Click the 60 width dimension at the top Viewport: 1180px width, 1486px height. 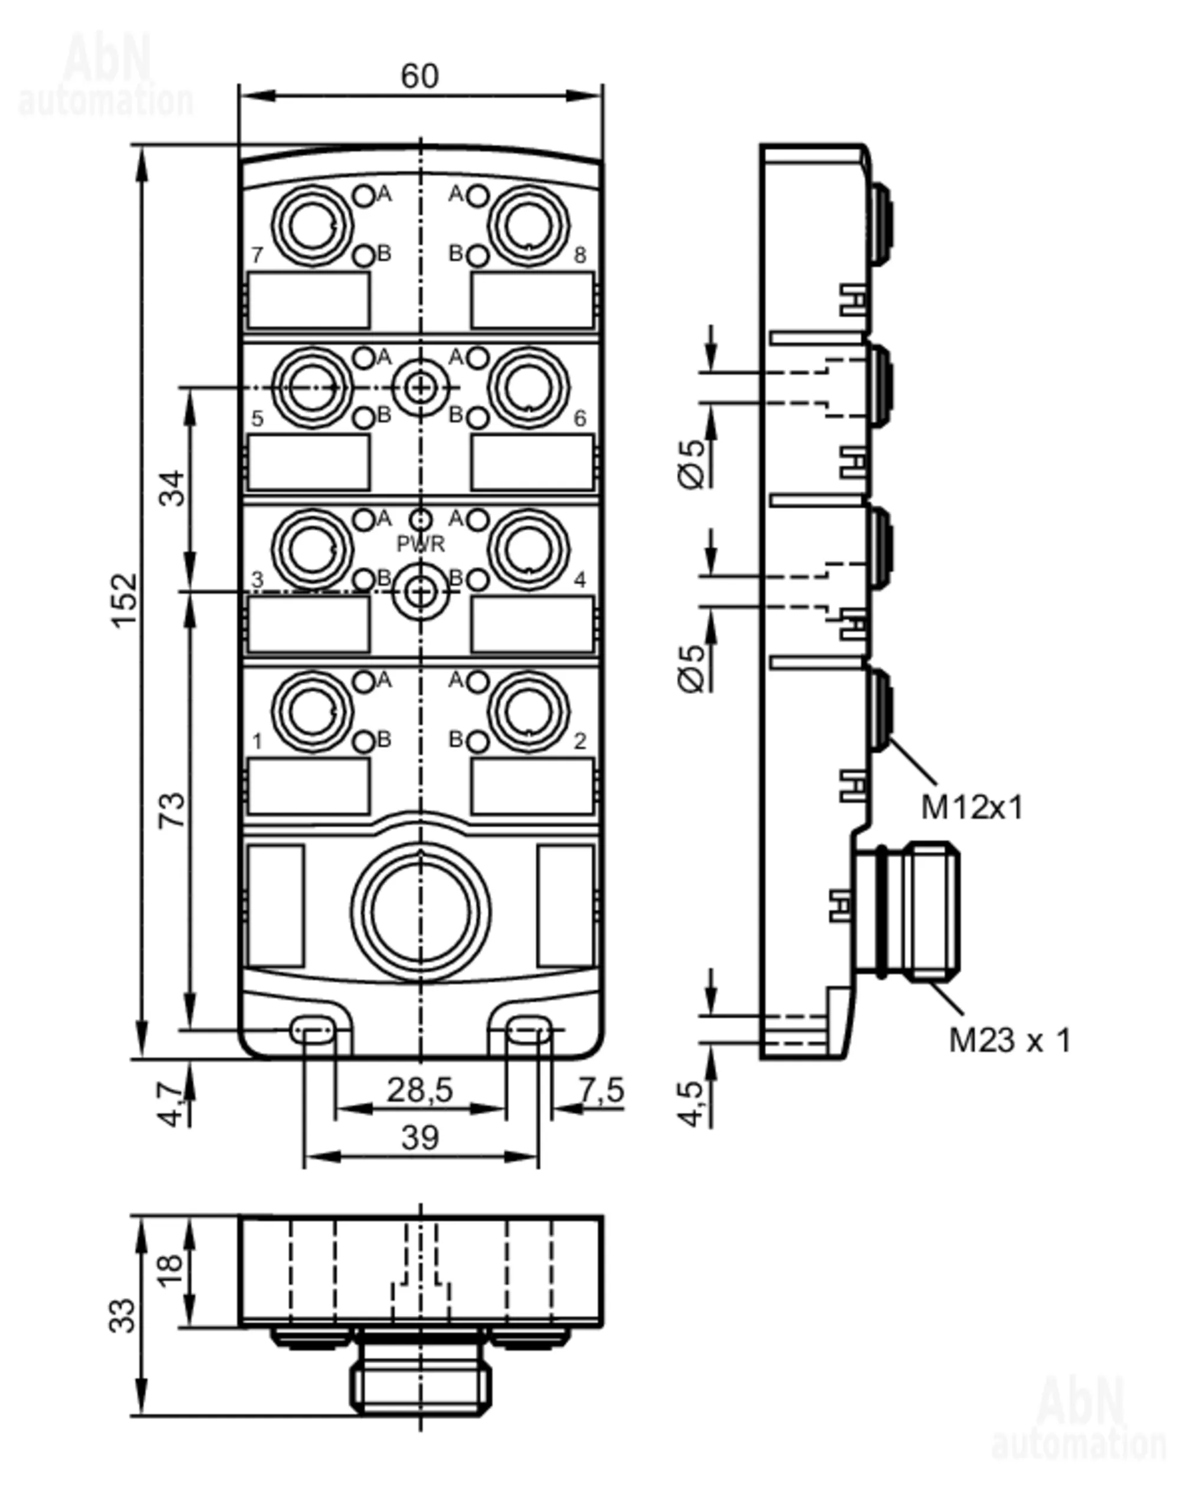click(419, 76)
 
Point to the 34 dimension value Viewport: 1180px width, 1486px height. click(173, 488)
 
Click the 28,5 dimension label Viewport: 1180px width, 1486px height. click(419, 1090)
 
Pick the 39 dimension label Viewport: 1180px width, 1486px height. click(420, 1137)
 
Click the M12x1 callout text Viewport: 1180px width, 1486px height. click(972, 807)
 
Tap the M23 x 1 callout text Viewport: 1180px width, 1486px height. click(1009, 1040)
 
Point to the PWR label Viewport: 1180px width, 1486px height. click(421, 544)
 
